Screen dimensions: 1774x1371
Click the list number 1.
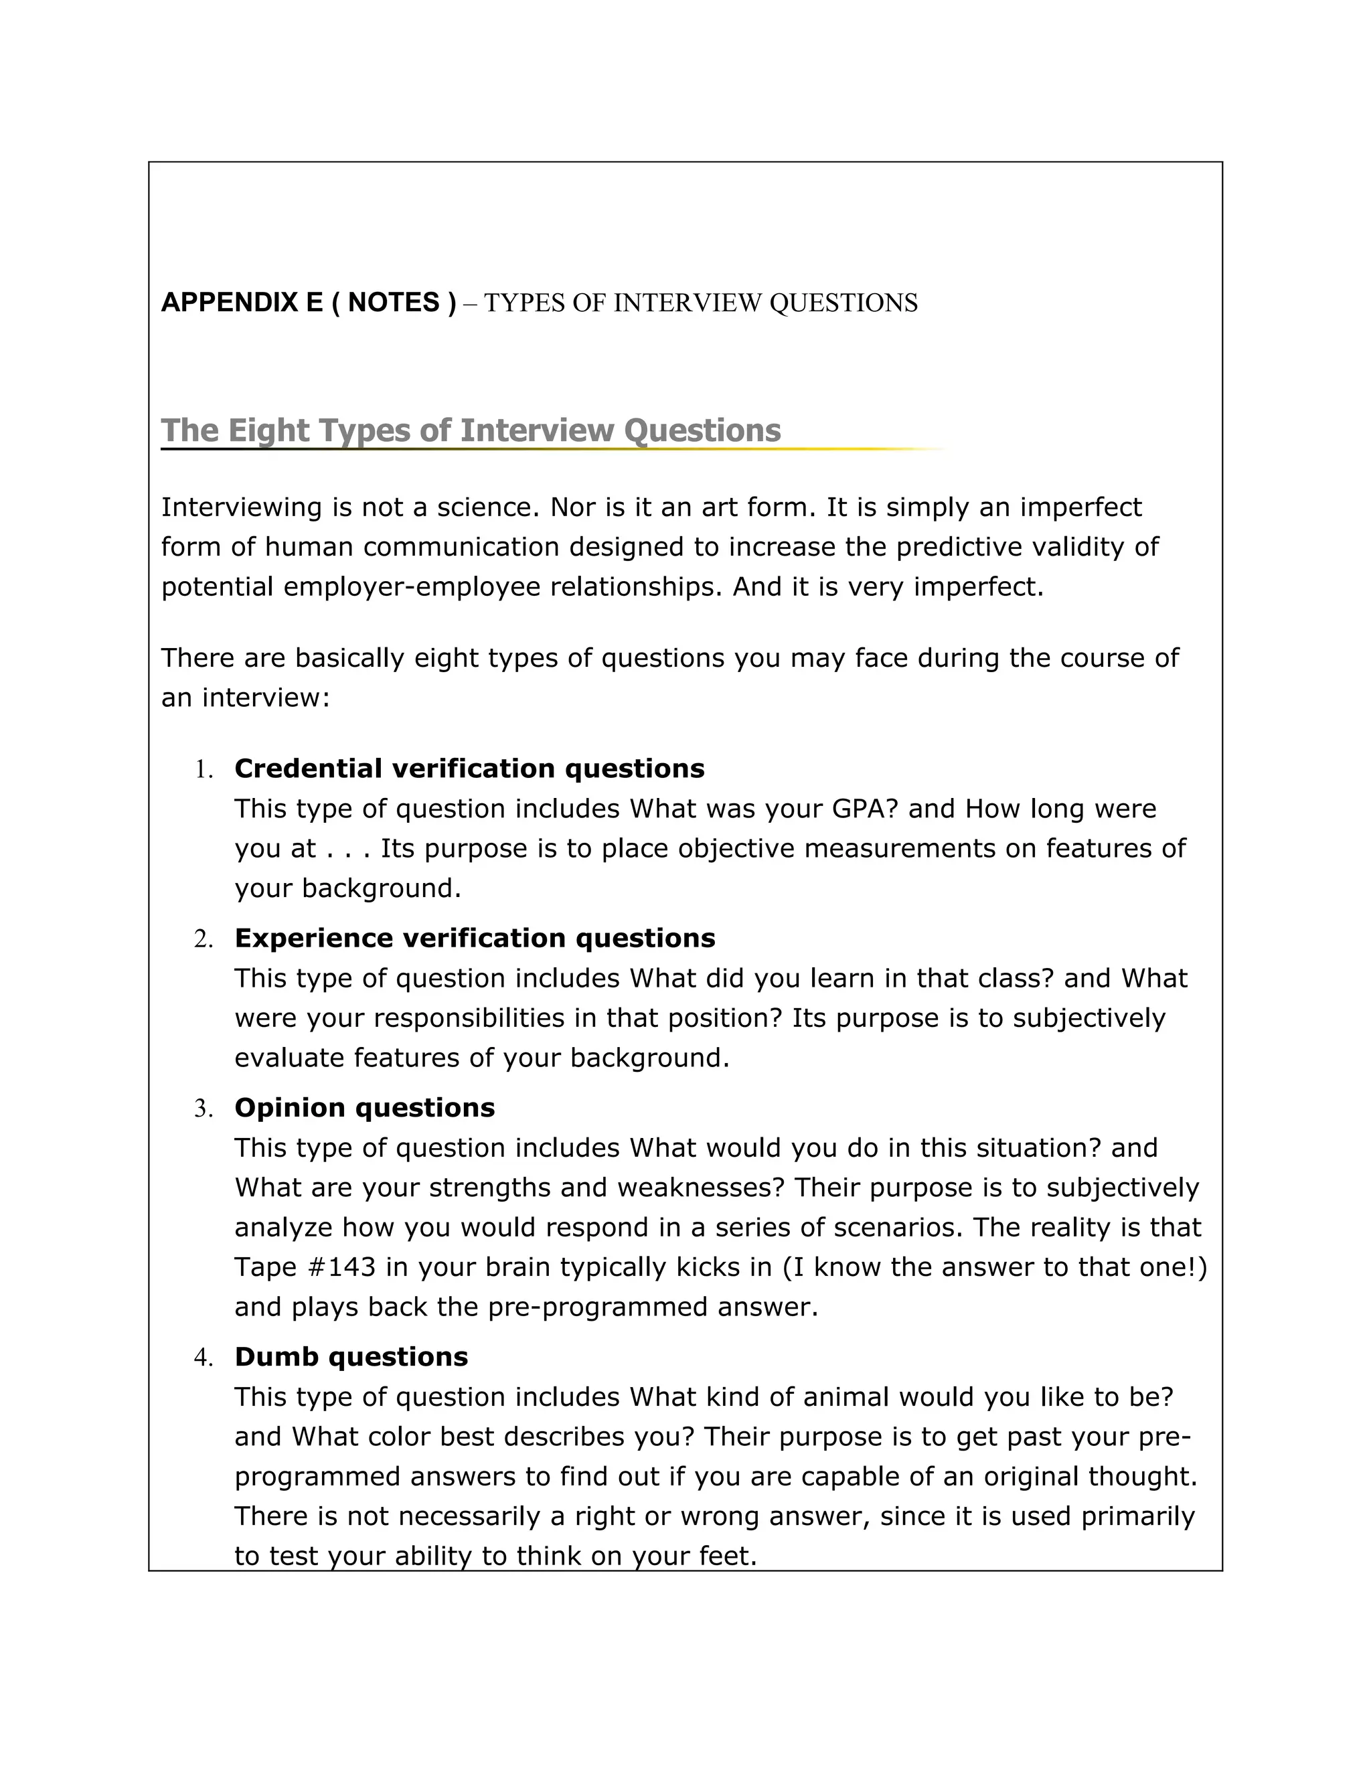(x=203, y=770)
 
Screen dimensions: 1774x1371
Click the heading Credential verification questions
(x=469, y=769)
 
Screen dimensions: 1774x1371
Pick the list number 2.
(x=203, y=940)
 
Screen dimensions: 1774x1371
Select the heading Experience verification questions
(x=475, y=938)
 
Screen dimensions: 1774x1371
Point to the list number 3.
(x=203, y=1109)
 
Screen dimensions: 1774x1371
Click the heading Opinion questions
(x=365, y=1108)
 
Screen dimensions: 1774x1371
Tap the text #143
(x=339, y=1267)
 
